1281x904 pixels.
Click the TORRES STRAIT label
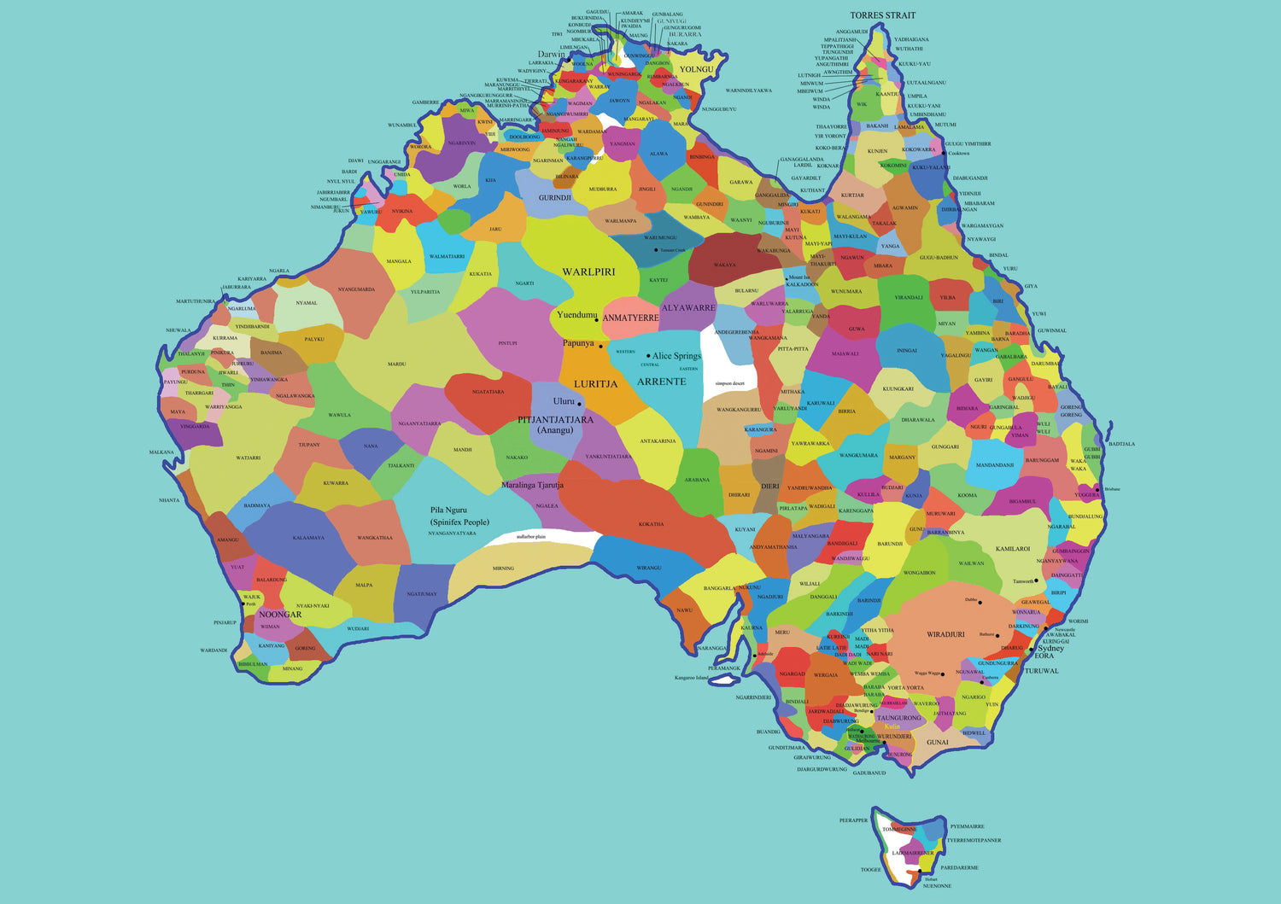[x=882, y=15]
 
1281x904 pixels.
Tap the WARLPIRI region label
[x=588, y=272]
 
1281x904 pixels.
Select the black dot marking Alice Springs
[x=648, y=356]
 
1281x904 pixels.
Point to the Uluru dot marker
[x=579, y=404]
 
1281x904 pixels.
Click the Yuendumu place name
[x=576, y=315]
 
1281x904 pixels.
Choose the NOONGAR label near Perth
[x=280, y=615]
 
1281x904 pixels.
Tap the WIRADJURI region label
[x=945, y=635]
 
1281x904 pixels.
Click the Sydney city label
[x=1050, y=648]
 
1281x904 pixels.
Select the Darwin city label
[x=551, y=54]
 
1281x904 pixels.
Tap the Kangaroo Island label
[x=691, y=678]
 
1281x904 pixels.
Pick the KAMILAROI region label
[x=1013, y=549]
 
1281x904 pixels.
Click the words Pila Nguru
[x=448, y=510]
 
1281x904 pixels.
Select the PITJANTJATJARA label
[x=555, y=420]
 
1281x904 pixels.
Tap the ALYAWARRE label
[x=688, y=308]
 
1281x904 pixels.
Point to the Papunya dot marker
[x=600, y=347]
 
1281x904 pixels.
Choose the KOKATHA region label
[x=651, y=524]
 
